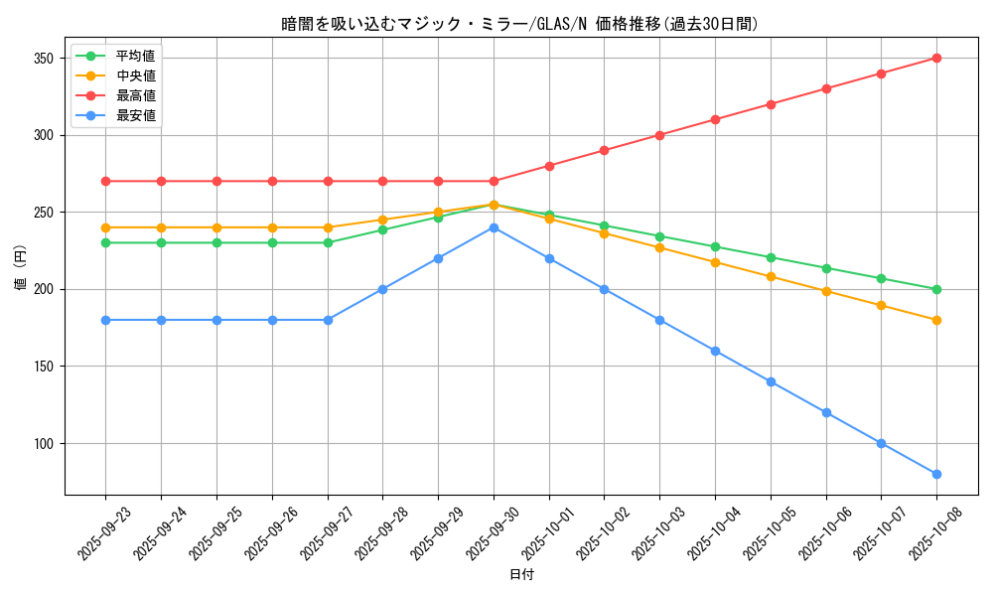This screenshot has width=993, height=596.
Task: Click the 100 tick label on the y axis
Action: tap(45, 444)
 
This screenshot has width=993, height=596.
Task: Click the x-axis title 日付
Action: tap(521, 575)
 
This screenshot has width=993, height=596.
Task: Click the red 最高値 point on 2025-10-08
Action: tap(936, 58)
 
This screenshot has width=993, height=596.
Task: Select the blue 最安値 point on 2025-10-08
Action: tap(936, 474)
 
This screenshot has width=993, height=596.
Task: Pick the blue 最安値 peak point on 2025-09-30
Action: tap(494, 227)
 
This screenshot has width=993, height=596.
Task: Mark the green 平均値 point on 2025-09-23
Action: tap(105, 242)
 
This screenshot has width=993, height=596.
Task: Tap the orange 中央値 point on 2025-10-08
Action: tap(936, 320)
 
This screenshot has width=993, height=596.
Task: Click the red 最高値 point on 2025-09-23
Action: tap(105, 181)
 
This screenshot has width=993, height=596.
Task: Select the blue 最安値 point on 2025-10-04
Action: tap(715, 351)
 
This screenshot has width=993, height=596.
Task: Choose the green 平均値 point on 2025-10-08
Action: tap(936, 289)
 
